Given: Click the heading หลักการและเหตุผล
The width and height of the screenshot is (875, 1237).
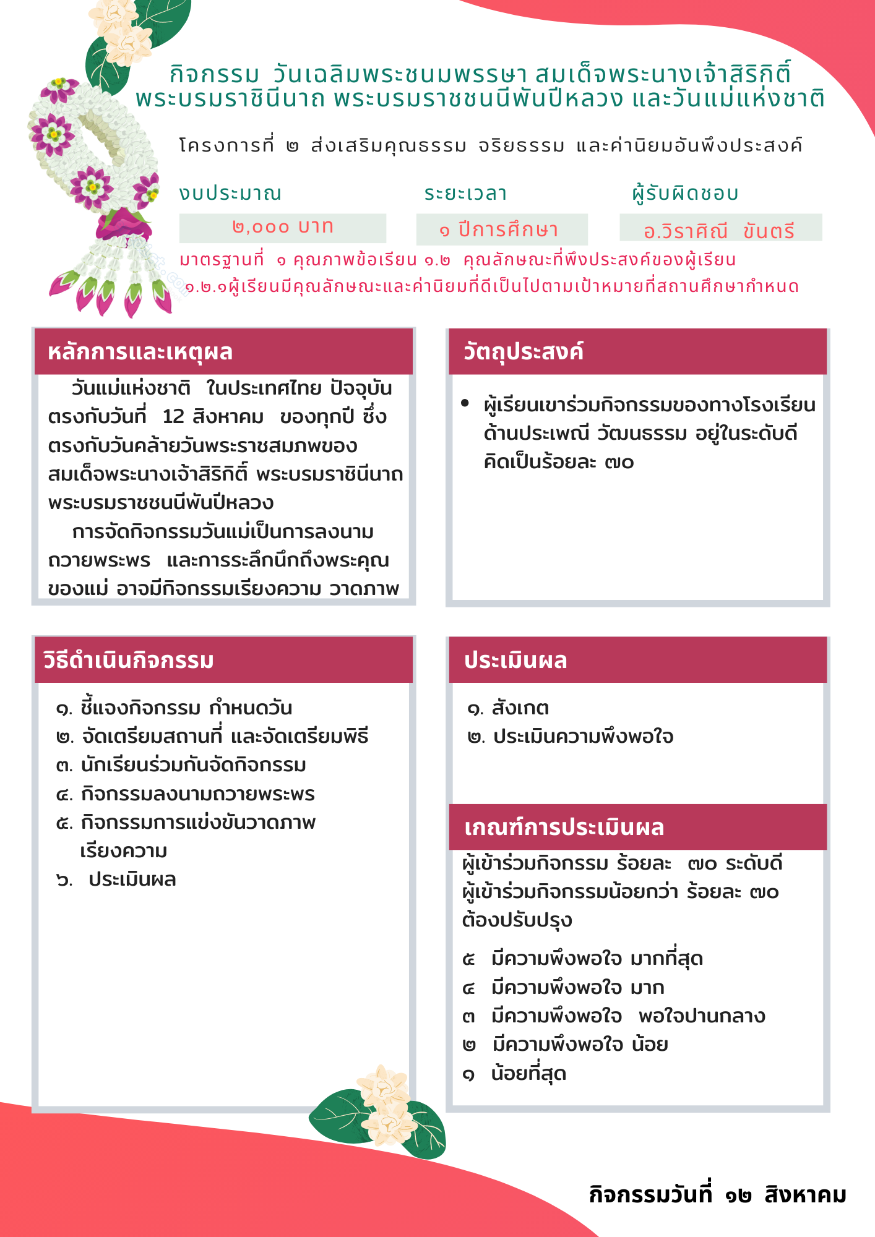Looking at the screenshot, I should click(x=140, y=352).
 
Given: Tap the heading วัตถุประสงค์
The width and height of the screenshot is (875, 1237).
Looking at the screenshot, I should click(x=524, y=351).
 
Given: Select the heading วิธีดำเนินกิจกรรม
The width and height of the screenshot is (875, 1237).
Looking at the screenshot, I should click(x=129, y=660).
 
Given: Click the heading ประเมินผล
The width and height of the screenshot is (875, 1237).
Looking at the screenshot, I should click(x=515, y=660).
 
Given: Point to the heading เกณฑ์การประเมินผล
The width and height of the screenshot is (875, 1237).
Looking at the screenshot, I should click(x=564, y=827).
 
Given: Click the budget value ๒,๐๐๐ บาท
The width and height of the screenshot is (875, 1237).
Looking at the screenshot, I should click(x=283, y=228).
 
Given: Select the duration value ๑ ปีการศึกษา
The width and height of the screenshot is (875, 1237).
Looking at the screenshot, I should click(x=499, y=229).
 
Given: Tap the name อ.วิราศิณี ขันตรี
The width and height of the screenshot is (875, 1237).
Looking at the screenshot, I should click(x=719, y=231).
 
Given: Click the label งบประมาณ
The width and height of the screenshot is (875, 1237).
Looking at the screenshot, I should click(x=230, y=193).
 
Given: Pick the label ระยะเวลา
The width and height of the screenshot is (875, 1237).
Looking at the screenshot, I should click(x=465, y=193).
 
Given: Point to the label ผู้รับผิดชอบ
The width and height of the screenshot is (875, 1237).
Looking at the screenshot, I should click(x=686, y=193).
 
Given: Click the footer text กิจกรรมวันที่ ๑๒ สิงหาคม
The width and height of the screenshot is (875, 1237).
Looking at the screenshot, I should click(x=717, y=1194).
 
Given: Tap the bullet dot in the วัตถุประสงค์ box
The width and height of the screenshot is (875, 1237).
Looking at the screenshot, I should click(x=465, y=404).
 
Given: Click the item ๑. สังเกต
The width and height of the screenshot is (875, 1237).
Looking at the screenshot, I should click(x=508, y=708).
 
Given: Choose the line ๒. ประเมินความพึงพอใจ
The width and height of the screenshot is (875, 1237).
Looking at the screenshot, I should click(x=571, y=736).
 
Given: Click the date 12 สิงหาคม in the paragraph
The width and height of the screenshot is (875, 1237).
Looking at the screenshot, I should click(x=213, y=416).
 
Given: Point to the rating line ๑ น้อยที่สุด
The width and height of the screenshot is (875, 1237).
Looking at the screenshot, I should click(x=514, y=1073).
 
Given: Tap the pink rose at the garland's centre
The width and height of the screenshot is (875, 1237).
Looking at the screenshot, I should click(x=124, y=224).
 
